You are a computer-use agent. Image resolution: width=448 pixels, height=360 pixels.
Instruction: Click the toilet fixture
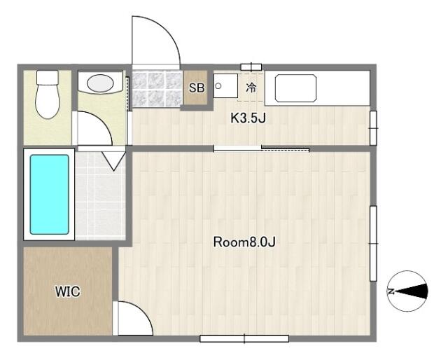48,95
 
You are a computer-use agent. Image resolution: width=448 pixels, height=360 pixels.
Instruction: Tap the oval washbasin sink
100,83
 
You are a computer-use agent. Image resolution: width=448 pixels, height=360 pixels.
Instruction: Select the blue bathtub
50,195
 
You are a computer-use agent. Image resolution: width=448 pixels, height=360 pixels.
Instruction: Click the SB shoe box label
197,88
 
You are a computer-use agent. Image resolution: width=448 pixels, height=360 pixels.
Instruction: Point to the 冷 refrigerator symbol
251,88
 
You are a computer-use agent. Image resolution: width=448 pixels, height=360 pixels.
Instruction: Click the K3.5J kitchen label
248,118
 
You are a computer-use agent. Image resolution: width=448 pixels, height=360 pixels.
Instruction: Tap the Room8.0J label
244,242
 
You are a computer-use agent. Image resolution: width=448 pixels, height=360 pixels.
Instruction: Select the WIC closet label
68,291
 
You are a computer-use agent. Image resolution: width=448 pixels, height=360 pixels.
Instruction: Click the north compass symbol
407,291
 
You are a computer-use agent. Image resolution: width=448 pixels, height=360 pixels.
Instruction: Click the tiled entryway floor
157,88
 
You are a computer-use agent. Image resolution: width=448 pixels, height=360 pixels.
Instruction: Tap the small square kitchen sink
225,85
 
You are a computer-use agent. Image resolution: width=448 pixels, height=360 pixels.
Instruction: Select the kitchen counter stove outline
295,88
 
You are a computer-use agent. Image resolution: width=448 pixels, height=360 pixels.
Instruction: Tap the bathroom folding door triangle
113,161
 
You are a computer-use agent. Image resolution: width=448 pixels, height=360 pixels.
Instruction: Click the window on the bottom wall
244,339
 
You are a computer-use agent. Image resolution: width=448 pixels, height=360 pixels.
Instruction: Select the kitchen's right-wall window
373,128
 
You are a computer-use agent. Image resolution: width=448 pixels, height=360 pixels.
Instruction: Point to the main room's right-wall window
373,243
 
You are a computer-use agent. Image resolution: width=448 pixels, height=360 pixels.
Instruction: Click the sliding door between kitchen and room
261,148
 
